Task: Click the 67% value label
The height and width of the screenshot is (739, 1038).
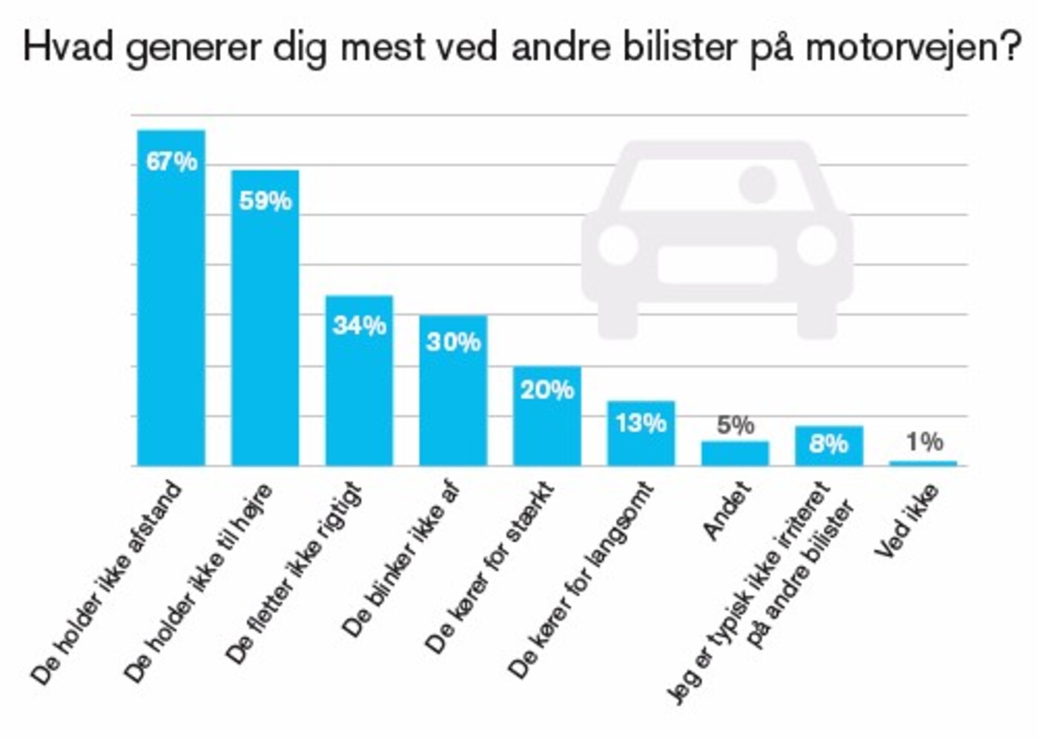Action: click(x=171, y=162)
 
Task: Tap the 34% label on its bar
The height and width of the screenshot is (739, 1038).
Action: click(x=359, y=325)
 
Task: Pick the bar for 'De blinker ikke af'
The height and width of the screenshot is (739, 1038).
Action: click(x=453, y=400)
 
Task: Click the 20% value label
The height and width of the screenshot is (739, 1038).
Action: click(x=546, y=390)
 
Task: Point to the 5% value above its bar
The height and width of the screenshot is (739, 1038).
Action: click(x=735, y=425)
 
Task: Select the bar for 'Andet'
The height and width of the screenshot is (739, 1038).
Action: click(x=735, y=454)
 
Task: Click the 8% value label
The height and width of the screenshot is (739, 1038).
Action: click(x=828, y=443)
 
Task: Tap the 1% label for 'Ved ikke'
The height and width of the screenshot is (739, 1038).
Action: click(x=924, y=442)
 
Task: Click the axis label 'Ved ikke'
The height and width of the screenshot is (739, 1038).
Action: click(x=906, y=521)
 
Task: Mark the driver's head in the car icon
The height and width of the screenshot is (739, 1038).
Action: click(x=757, y=184)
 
